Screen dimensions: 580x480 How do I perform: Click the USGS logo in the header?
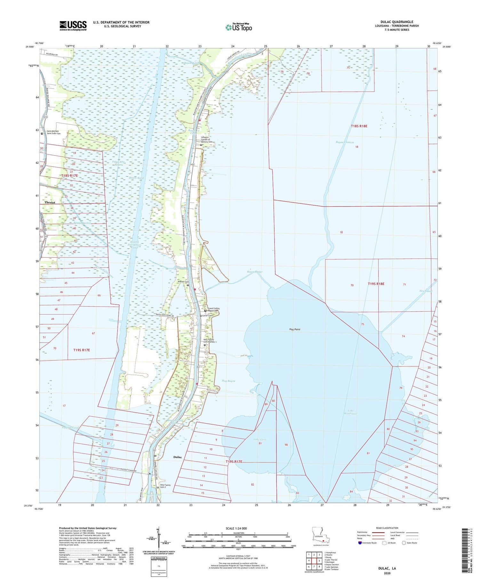point(73,26)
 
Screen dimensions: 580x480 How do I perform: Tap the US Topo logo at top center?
point(238,27)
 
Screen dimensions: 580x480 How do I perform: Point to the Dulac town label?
point(178,457)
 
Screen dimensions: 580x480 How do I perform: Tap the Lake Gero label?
point(260,440)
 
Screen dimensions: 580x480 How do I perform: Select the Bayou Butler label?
point(255,272)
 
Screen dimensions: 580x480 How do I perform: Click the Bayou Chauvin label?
point(345,142)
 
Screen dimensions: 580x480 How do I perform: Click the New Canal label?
point(426,291)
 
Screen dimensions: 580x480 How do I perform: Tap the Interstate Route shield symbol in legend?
point(359,543)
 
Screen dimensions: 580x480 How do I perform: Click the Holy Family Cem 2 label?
point(165,486)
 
